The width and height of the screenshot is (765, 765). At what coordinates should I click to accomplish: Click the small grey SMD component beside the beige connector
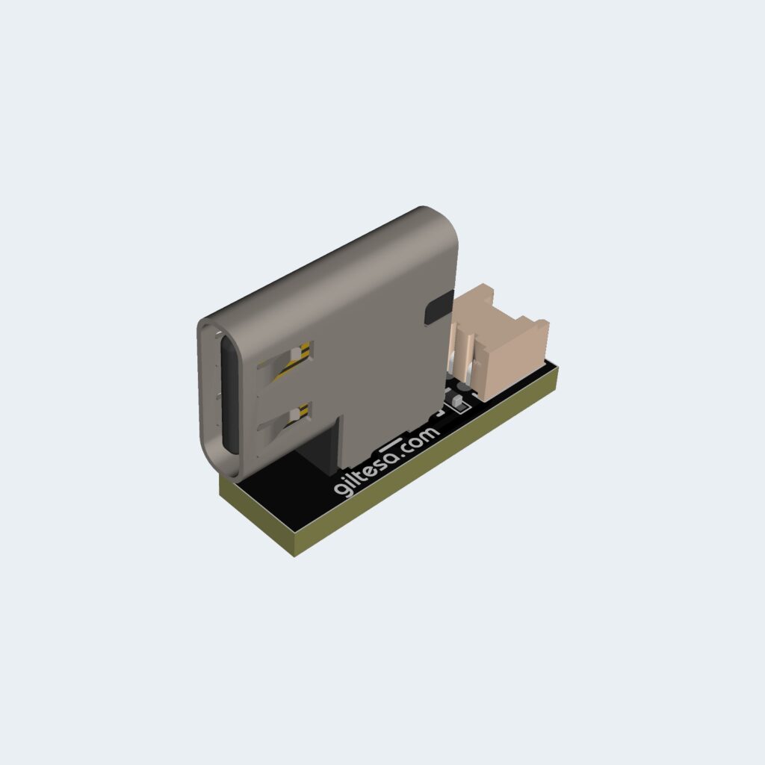pyautogui.click(x=458, y=405)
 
